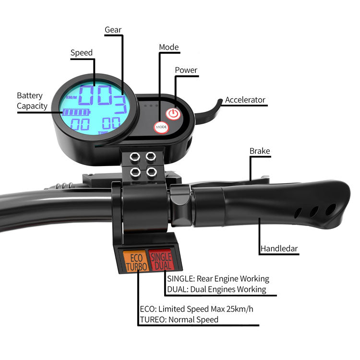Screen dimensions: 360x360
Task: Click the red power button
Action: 173,114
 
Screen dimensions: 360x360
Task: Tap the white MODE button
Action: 161,128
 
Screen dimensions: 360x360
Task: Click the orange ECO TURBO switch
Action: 135,261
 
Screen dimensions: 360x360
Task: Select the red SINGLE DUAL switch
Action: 161,261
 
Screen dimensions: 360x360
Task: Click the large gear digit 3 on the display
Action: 120,106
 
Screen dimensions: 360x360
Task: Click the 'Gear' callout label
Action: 113,30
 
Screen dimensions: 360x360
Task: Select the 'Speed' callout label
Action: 82,53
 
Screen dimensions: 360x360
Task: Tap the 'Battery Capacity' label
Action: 30,101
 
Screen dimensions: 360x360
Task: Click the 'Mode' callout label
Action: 168,47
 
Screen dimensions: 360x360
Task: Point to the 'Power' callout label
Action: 186,70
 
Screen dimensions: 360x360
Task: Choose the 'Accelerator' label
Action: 245,100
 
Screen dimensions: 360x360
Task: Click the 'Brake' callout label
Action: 260,151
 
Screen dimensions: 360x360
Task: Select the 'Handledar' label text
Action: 279,249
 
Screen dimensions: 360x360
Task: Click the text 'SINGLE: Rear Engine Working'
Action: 218,279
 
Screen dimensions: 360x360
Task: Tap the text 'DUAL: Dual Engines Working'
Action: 216,289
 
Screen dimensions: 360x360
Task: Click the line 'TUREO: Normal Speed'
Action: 179,320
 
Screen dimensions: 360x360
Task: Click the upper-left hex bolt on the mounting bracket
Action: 135,156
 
